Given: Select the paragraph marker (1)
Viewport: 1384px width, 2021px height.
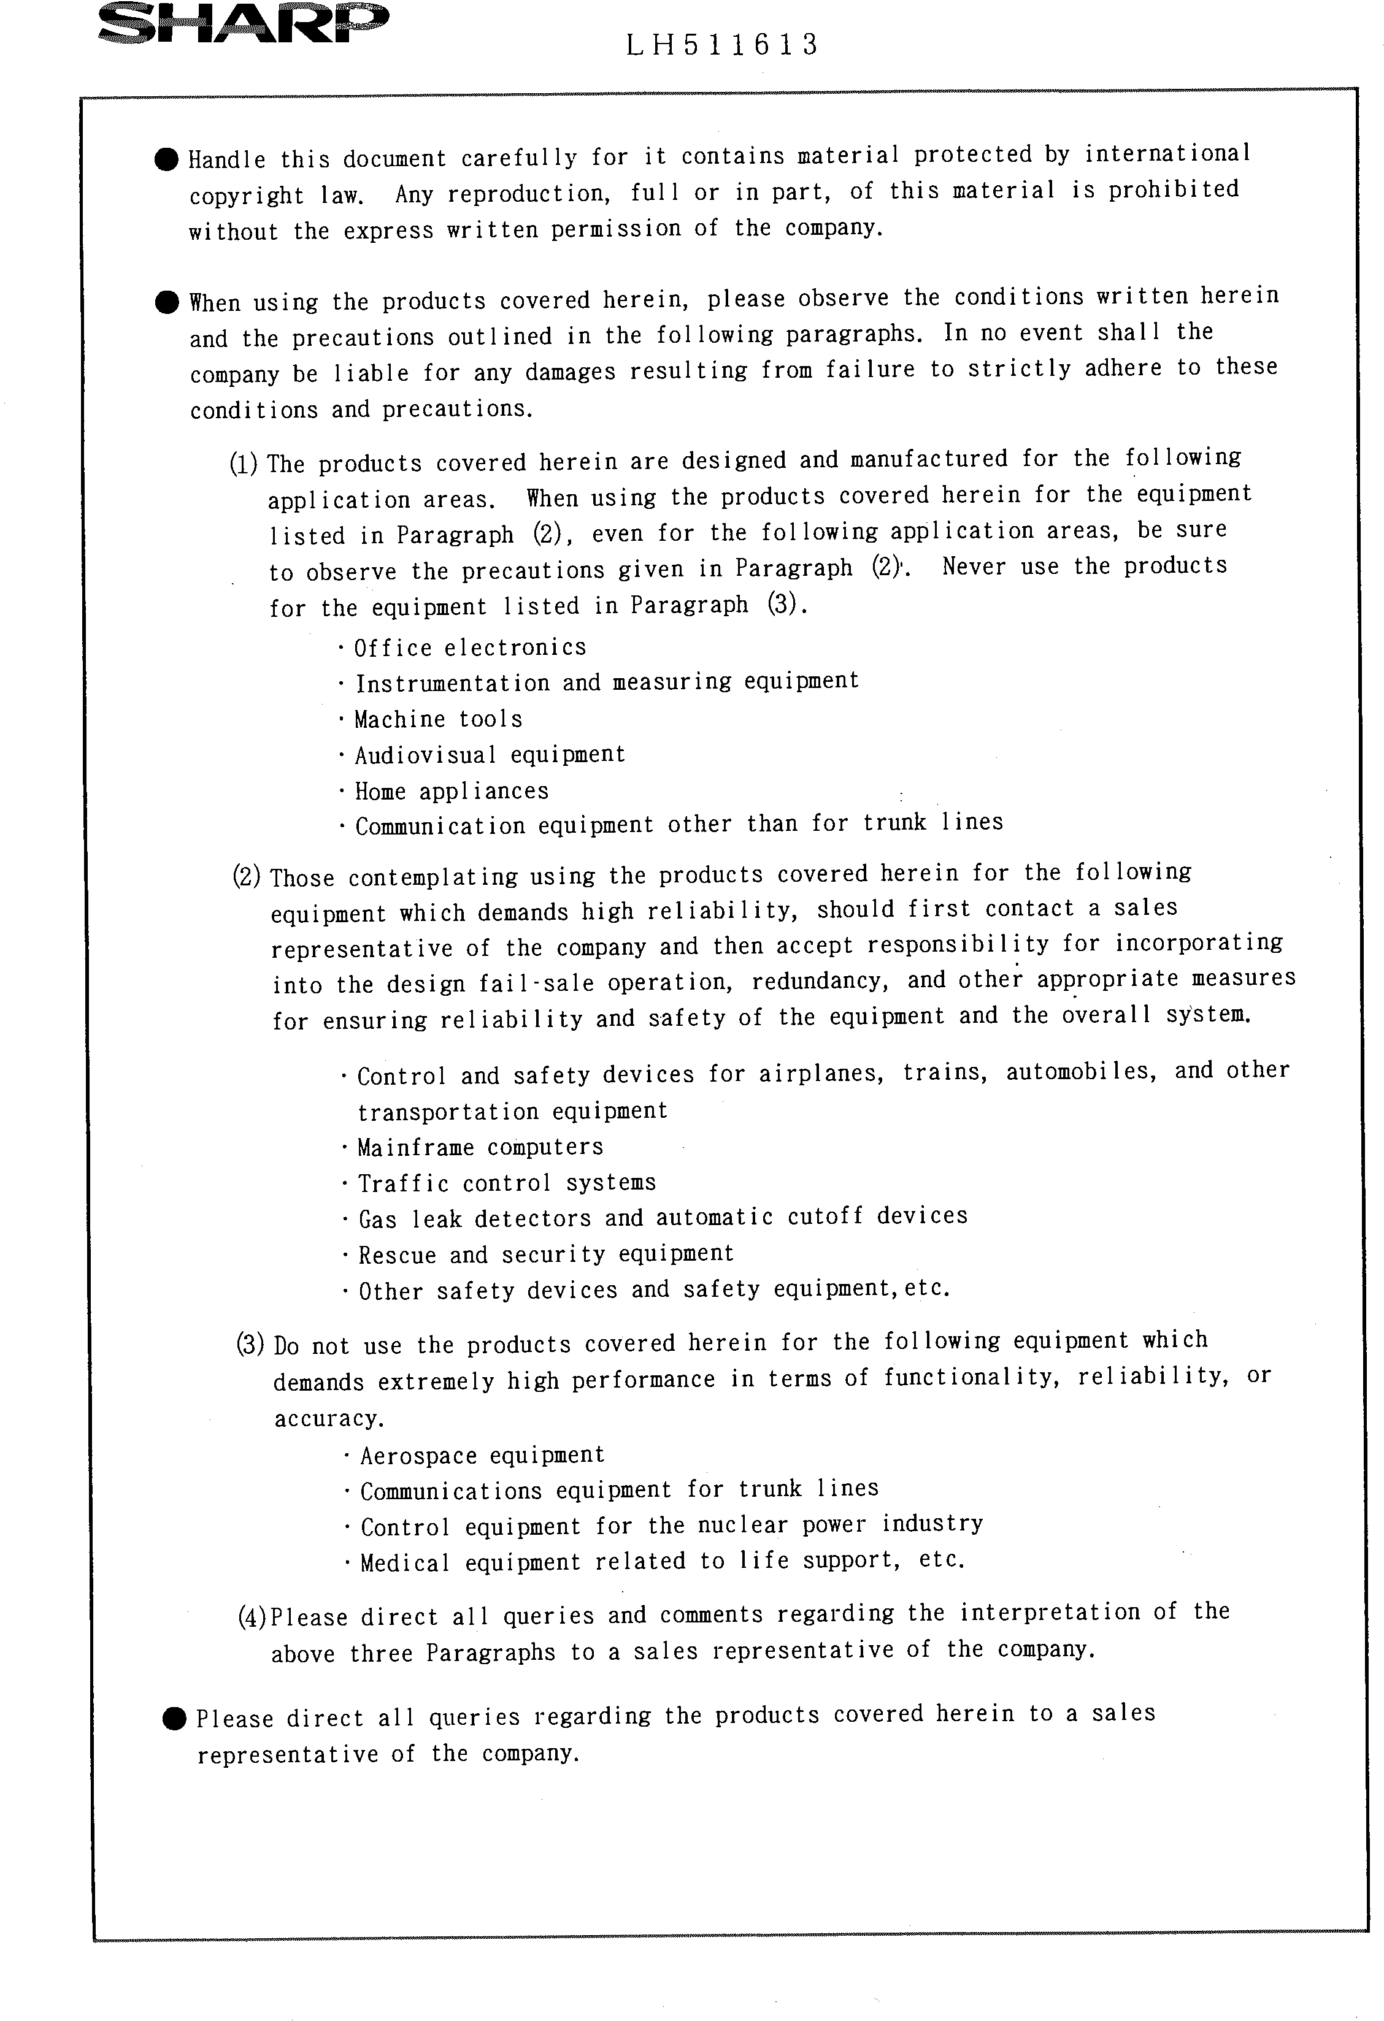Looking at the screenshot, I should [243, 464].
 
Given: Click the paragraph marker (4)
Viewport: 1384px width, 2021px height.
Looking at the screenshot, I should [252, 1617].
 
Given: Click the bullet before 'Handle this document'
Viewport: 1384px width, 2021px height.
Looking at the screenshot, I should [166, 159].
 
